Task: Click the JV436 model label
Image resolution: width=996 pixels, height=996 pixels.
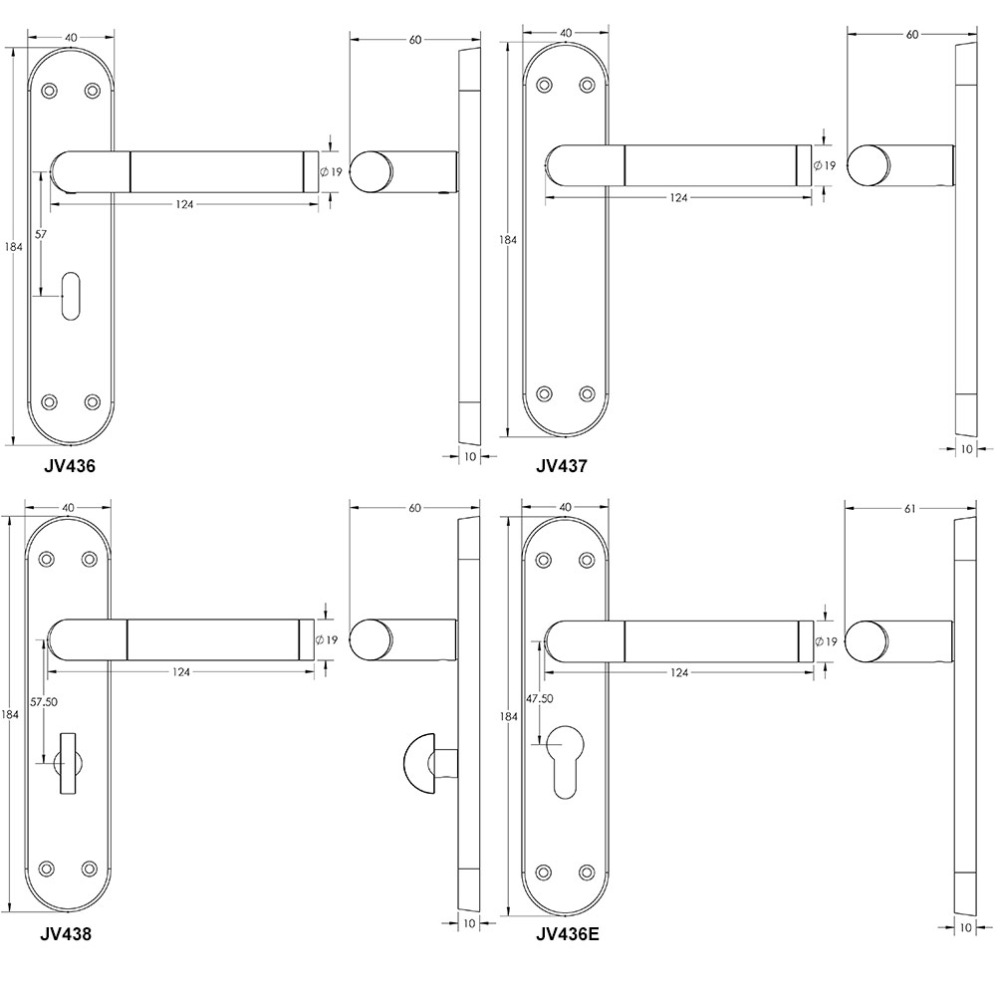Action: pos(70,466)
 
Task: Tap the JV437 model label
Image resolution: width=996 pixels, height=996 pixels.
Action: pos(562,466)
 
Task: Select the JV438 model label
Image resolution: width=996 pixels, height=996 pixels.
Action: pos(66,934)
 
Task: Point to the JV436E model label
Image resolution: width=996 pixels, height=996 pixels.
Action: pos(568,934)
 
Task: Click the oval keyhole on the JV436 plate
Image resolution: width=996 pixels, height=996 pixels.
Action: pos(71,296)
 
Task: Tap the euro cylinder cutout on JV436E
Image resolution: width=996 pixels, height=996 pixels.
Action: pos(565,761)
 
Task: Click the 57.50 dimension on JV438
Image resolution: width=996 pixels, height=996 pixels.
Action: pos(44,702)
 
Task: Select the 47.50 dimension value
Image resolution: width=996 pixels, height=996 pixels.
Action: pos(539,699)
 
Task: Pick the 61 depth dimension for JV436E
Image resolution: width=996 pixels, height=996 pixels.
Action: pos(909,509)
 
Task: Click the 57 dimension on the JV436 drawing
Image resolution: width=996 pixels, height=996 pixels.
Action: pos(41,234)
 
